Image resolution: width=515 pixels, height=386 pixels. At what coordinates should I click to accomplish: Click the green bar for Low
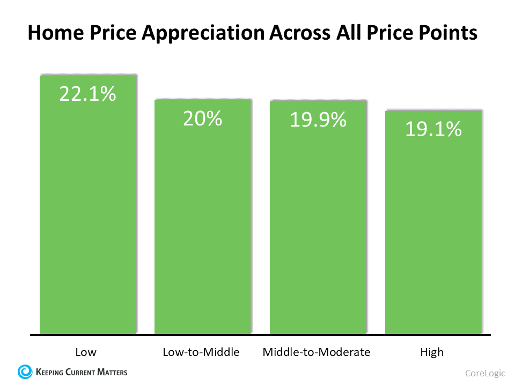click(x=88, y=214)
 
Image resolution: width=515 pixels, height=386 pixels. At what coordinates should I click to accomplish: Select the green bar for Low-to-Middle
click(x=202, y=225)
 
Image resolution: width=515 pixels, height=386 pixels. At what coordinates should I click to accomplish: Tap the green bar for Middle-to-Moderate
click(x=318, y=225)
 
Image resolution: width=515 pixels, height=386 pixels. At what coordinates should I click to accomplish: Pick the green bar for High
click(x=432, y=231)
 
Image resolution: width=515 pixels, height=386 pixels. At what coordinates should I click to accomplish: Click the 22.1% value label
click(x=87, y=94)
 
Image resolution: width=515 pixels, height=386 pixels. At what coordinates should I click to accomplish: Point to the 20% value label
click(x=202, y=118)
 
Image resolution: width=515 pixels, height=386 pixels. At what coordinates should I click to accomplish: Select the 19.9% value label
click(x=318, y=120)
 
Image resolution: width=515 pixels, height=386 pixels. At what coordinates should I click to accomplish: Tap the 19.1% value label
click(x=433, y=129)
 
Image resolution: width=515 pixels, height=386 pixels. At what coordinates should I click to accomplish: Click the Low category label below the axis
click(x=86, y=352)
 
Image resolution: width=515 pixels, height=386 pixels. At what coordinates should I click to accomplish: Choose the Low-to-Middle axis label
click(x=201, y=352)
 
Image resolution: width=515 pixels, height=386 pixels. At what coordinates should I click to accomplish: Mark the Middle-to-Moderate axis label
click(x=317, y=352)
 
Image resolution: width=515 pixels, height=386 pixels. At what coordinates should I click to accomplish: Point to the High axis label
click(x=432, y=352)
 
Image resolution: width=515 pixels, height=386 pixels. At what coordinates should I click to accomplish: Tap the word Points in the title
click(x=448, y=33)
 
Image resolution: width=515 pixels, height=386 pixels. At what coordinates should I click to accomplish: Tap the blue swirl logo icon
click(x=25, y=371)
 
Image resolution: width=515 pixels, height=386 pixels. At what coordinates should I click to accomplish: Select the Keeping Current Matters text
click(x=81, y=371)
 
